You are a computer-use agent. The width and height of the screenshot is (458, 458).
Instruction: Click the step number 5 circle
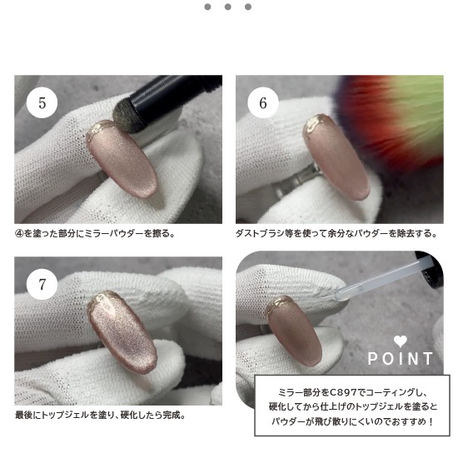pyautogui.click(x=42, y=102)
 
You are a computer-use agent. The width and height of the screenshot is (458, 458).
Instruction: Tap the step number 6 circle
pyautogui.click(x=263, y=102)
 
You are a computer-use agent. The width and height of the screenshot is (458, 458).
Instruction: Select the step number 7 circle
pyautogui.click(x=42, y=284)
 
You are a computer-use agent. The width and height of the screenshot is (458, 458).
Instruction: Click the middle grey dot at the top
pyautogui.click(x=228, y=7)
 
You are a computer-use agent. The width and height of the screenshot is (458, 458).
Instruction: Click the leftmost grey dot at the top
pyautogui.click(x=207, y=7)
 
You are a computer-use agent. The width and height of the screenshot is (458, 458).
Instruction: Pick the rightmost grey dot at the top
pyautogui.click(x=248, y=7)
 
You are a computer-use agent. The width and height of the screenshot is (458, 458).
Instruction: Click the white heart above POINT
pyautogui.click(x=401, y=341)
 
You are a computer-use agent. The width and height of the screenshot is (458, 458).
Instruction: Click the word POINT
pyautogui.click(x=401, y=359)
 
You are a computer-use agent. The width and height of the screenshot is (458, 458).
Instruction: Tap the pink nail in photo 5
pyautogui.click(x=122, y=159)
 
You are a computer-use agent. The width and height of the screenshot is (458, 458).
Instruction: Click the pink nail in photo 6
pyautogui.click(x=336, y=157)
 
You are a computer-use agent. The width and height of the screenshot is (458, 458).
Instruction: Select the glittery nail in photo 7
pyautogui.click(x=122, y=331)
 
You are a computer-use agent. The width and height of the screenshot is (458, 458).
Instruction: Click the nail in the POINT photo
pyautogui.click(x=294, y=331)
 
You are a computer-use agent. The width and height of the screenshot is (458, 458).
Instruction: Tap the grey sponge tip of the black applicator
pyautogui.click(x=124, y=117)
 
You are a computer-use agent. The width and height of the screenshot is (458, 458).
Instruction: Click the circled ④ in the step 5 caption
pyautogui.click(x=19, y=234)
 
